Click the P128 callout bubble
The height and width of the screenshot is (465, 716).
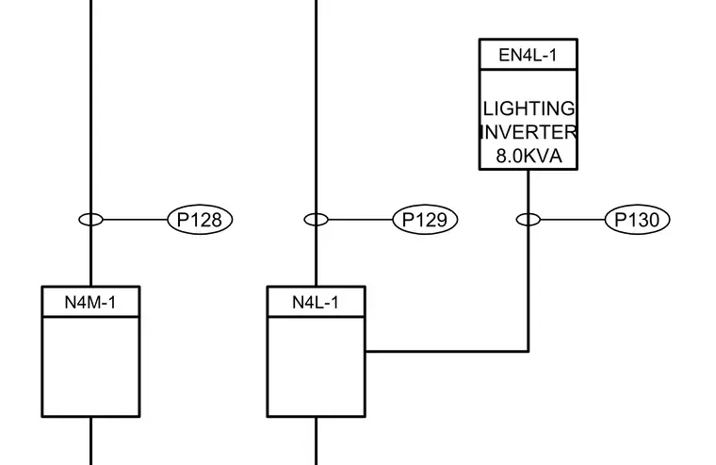point(200,220)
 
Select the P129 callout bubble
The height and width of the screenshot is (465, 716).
point(425,220)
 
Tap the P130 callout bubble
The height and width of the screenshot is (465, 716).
point(638,220)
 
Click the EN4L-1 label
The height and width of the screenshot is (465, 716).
point(528,56)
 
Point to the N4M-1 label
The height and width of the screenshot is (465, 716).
point(90,303)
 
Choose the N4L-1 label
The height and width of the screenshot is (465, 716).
point(316,303)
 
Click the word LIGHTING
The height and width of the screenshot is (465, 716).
point(529,108)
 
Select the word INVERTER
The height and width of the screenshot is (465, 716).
point(529,132)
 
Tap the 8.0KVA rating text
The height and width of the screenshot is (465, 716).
point(529,157)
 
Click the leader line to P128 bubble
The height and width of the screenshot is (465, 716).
point(136,220)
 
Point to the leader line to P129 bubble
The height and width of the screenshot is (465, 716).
point(361,220)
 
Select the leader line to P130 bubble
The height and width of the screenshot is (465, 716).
point(573,220)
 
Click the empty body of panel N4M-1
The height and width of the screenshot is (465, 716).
point(90,367)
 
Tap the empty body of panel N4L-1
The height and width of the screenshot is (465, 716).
point(316,367)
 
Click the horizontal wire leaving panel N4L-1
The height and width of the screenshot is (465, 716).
point(447,351)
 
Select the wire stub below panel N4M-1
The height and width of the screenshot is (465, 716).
point(90,440)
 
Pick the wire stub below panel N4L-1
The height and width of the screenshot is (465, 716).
point(316,440)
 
